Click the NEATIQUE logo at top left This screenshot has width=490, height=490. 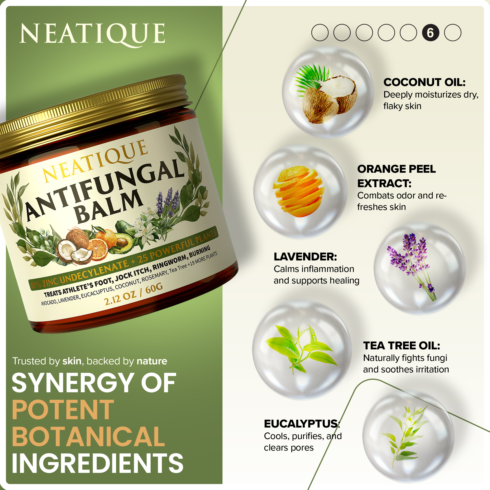point(93,34)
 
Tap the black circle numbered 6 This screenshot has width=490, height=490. point(430,33)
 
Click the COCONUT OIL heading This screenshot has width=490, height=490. point(425,82)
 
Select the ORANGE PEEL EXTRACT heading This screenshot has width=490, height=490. point(396,176)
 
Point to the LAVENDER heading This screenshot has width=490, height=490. point(305,257)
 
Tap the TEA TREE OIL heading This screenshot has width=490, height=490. point(402,346)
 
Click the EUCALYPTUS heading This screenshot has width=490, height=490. point(302,424)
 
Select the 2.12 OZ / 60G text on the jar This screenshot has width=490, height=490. point(133,294)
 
